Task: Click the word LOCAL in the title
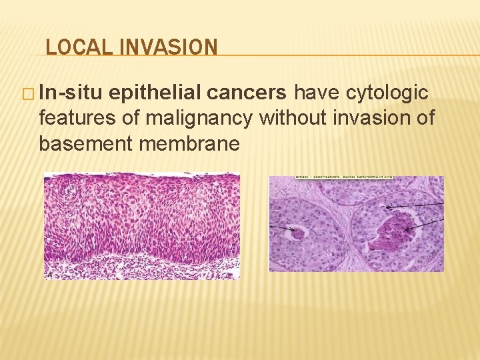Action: click(x=71, y=47)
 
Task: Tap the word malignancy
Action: click(x=199, y=118)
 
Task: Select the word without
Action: click(x=292, y=118)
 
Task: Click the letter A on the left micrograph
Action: click(x=49, y=274)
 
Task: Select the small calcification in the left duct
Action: click(x=295, y=233)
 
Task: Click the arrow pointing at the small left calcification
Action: click(x=279, y=228)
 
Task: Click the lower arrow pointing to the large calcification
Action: click(x=427, y=224)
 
